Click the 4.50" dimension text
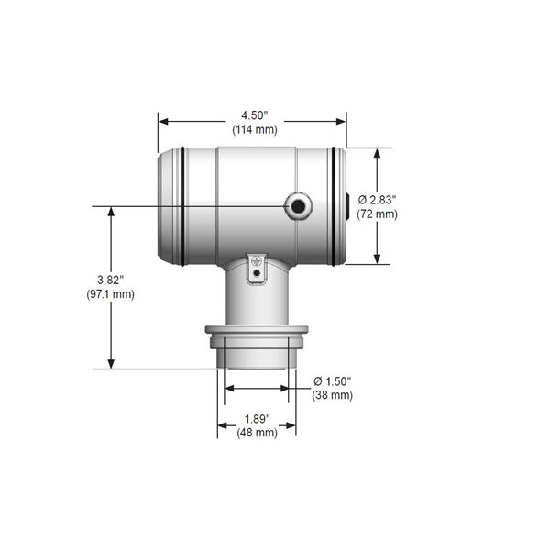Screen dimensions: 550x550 [x=254, y=115]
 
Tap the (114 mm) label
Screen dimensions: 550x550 [x=255, y=129]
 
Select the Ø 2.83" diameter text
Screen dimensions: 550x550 [x=377, y=200]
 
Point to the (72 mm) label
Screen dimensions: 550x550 [x=377, y=214]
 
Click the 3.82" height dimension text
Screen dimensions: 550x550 [x=111, y=280]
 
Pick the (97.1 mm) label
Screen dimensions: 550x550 [x=111, y=294]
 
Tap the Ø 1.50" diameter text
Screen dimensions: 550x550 [x=333, y=381]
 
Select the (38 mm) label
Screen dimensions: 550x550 [x=333, y=395]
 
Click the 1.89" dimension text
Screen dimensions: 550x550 [x=257, y=419]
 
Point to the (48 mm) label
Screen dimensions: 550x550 [x=257, y=433]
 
